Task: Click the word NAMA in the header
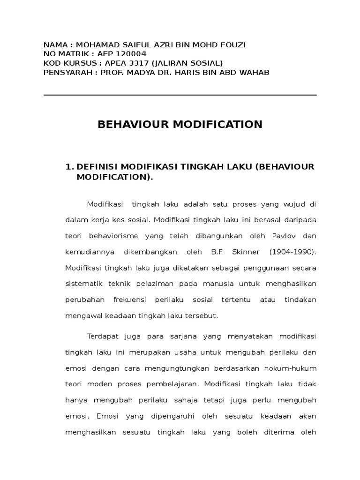[56, 45]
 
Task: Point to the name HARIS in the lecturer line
[206, 72]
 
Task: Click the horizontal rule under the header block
[180, 95]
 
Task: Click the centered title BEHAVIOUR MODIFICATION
[180, 125]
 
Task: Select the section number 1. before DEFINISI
[70, 167]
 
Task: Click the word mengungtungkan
[182, 368]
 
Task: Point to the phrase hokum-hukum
[291, 368]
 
